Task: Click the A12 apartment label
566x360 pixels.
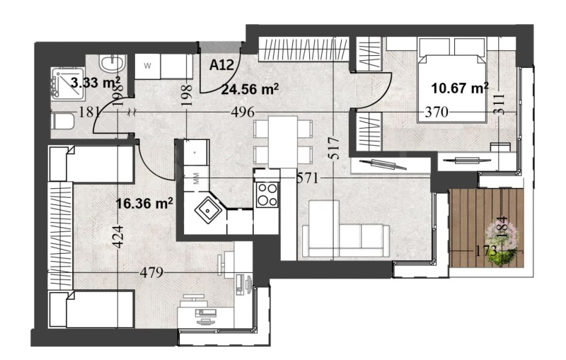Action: tap(221, 65)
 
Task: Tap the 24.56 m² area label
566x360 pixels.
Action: tap(249, 89)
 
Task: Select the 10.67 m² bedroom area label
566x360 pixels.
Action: tap(461, 88)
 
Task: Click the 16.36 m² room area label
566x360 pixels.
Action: tap(144, 204)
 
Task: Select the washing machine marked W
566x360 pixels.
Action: tap(148, 66)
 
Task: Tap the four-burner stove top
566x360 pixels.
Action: tap(267, 193)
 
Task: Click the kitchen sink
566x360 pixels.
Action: tap(208, 209)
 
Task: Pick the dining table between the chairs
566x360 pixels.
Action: tap(282, 141)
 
